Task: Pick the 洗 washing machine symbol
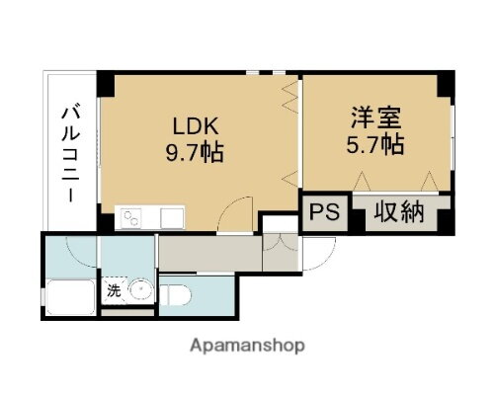(x=114, y=291)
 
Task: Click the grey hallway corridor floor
(x=207, y=255)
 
